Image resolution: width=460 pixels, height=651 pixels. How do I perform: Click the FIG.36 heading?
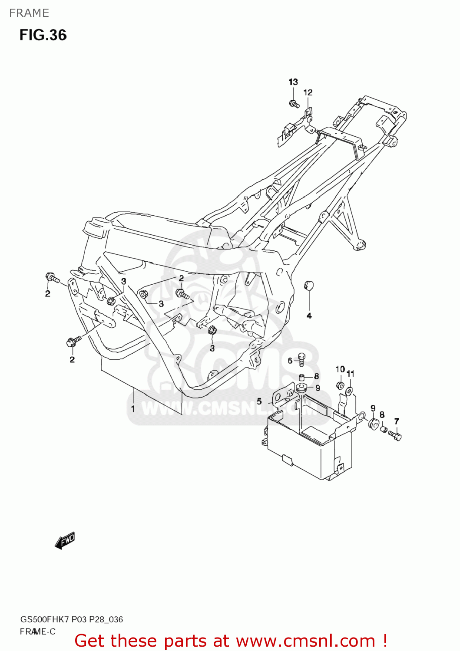tap(43, 35)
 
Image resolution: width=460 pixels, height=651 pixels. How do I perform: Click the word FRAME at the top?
tap(29, 13)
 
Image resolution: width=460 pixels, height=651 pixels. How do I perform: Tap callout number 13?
tap(293, 82)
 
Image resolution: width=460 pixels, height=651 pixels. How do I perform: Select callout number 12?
tap(308, 92)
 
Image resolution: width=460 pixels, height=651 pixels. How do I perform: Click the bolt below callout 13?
tap(294, 104)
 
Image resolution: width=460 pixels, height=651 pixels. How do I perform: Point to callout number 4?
tap(309, 316)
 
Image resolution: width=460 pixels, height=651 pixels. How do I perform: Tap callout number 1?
tap(133, 408)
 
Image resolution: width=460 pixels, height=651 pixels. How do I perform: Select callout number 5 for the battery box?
tap(259, 401)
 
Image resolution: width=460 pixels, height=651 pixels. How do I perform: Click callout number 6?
tap(290, 361)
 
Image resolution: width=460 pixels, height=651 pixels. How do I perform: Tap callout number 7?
tap(396, 421)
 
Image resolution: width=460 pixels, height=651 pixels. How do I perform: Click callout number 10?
tap(340, 369)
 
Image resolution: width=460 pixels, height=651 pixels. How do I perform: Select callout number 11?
tap(351, 374)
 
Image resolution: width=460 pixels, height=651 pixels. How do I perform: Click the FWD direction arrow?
tap(65, 541)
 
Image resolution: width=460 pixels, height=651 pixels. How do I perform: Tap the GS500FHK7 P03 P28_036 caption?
tap(71, 619)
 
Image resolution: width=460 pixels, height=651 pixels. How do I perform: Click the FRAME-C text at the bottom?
tap(37, 631)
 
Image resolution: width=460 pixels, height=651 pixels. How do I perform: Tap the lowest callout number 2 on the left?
tap(72, 359)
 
